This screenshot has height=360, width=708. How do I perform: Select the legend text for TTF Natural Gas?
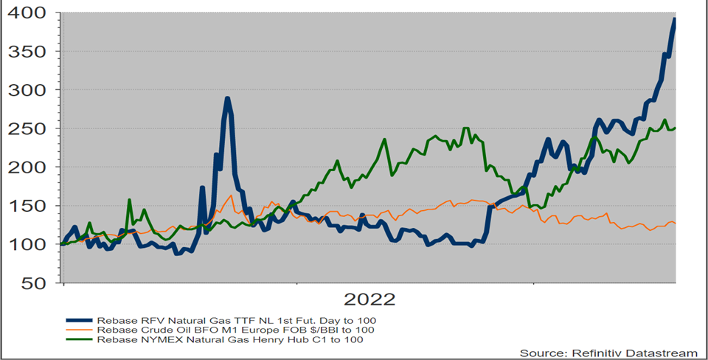[236, 319]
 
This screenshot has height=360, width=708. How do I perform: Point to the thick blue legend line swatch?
[80, 319]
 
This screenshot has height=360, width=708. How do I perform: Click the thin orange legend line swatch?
[80, 330]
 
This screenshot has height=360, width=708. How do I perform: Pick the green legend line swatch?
[80, 340]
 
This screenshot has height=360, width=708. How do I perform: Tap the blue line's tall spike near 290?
[228, 98]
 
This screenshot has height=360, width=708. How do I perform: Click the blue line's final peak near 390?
[674, 20]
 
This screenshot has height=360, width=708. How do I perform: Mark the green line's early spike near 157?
[129, 200]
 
